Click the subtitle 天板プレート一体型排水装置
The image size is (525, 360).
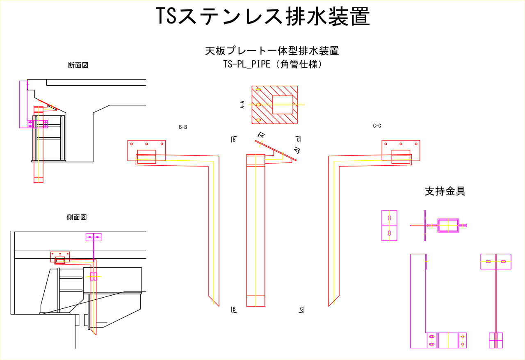coord(272,51)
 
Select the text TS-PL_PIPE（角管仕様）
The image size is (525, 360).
coord(272,64)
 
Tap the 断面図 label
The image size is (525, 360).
coord(78,65)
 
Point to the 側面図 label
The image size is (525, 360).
coord(77,218)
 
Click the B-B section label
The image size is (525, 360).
coord(183,127)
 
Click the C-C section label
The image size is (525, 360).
coord(377,126)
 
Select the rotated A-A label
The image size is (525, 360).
coord(242,105)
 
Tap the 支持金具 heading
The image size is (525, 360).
coord(445,191)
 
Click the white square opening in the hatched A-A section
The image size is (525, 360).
coord(283,105)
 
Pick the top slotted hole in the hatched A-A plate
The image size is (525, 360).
coord(258,90)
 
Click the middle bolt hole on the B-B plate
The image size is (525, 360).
coord(147,144)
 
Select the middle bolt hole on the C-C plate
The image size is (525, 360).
coord(401,144)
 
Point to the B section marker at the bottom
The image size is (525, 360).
coord(234,310)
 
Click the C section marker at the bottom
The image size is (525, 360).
coord(301,310)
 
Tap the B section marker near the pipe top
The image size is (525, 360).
coord(233,139)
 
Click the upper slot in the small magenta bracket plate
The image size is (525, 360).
coord(389,217)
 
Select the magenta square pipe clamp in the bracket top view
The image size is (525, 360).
coord(449,226)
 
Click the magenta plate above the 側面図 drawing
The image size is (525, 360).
coord(94,237)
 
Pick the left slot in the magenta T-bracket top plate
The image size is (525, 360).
coord(488,261)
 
